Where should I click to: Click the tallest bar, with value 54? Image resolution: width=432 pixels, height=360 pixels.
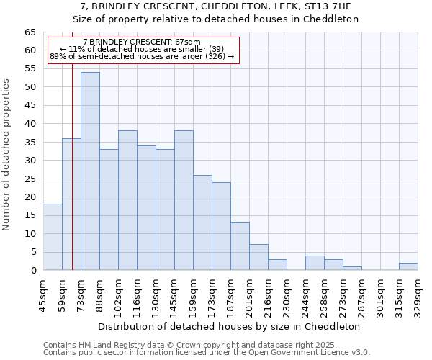(90, 171)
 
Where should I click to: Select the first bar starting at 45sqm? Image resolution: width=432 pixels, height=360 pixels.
(53, 237)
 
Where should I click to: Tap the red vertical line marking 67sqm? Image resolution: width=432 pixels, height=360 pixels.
(73, 180)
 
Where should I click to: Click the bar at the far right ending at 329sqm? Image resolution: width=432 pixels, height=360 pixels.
(408, 266)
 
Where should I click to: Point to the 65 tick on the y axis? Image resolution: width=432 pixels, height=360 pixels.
(30, 32)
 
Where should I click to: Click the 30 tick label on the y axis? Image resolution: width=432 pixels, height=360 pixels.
(30, 161)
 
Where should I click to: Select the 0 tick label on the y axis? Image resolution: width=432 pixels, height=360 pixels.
(33, 271)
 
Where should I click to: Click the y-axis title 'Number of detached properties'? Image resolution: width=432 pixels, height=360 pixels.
(6, 155)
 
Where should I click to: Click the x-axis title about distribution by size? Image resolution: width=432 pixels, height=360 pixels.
(229, 326)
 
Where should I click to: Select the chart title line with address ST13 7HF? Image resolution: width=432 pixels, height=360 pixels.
(216, 7)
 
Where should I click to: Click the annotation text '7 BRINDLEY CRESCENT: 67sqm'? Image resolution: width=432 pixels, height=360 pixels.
(142, 42)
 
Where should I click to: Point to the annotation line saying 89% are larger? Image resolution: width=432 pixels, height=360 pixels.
(142, 56)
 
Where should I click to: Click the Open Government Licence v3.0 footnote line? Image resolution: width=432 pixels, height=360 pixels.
(207, 353)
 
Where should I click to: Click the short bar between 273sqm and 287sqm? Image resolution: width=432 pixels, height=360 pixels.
(352, 268)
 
